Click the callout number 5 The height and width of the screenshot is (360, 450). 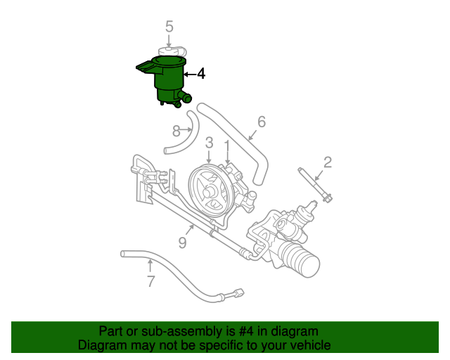tap(169, 27)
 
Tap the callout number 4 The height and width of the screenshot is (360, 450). tap(200, 74)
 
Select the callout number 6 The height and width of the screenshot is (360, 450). tap(262, 122)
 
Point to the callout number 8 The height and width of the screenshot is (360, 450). tap(176, 129)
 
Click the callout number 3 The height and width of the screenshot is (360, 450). tap(209, 143)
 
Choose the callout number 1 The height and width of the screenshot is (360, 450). tap(227, 145)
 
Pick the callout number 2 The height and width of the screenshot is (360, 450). tap(327, 163)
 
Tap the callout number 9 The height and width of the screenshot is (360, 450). tap(182, 243)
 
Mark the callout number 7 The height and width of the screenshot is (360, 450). tap(150, 282)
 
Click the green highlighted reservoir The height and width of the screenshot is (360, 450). tap(169, 81)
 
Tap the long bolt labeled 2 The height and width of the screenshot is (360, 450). tap(314, 185)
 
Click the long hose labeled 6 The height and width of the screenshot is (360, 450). tap(243, 141)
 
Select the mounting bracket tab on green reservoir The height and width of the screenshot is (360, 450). tap(145, 67)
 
